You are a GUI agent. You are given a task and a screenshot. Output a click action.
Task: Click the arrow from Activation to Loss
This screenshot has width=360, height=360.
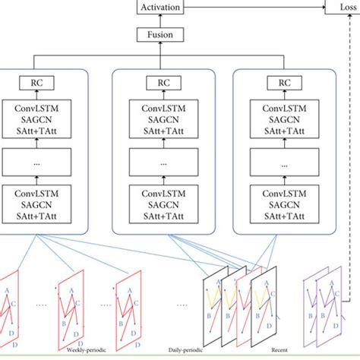coord(251,8)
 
